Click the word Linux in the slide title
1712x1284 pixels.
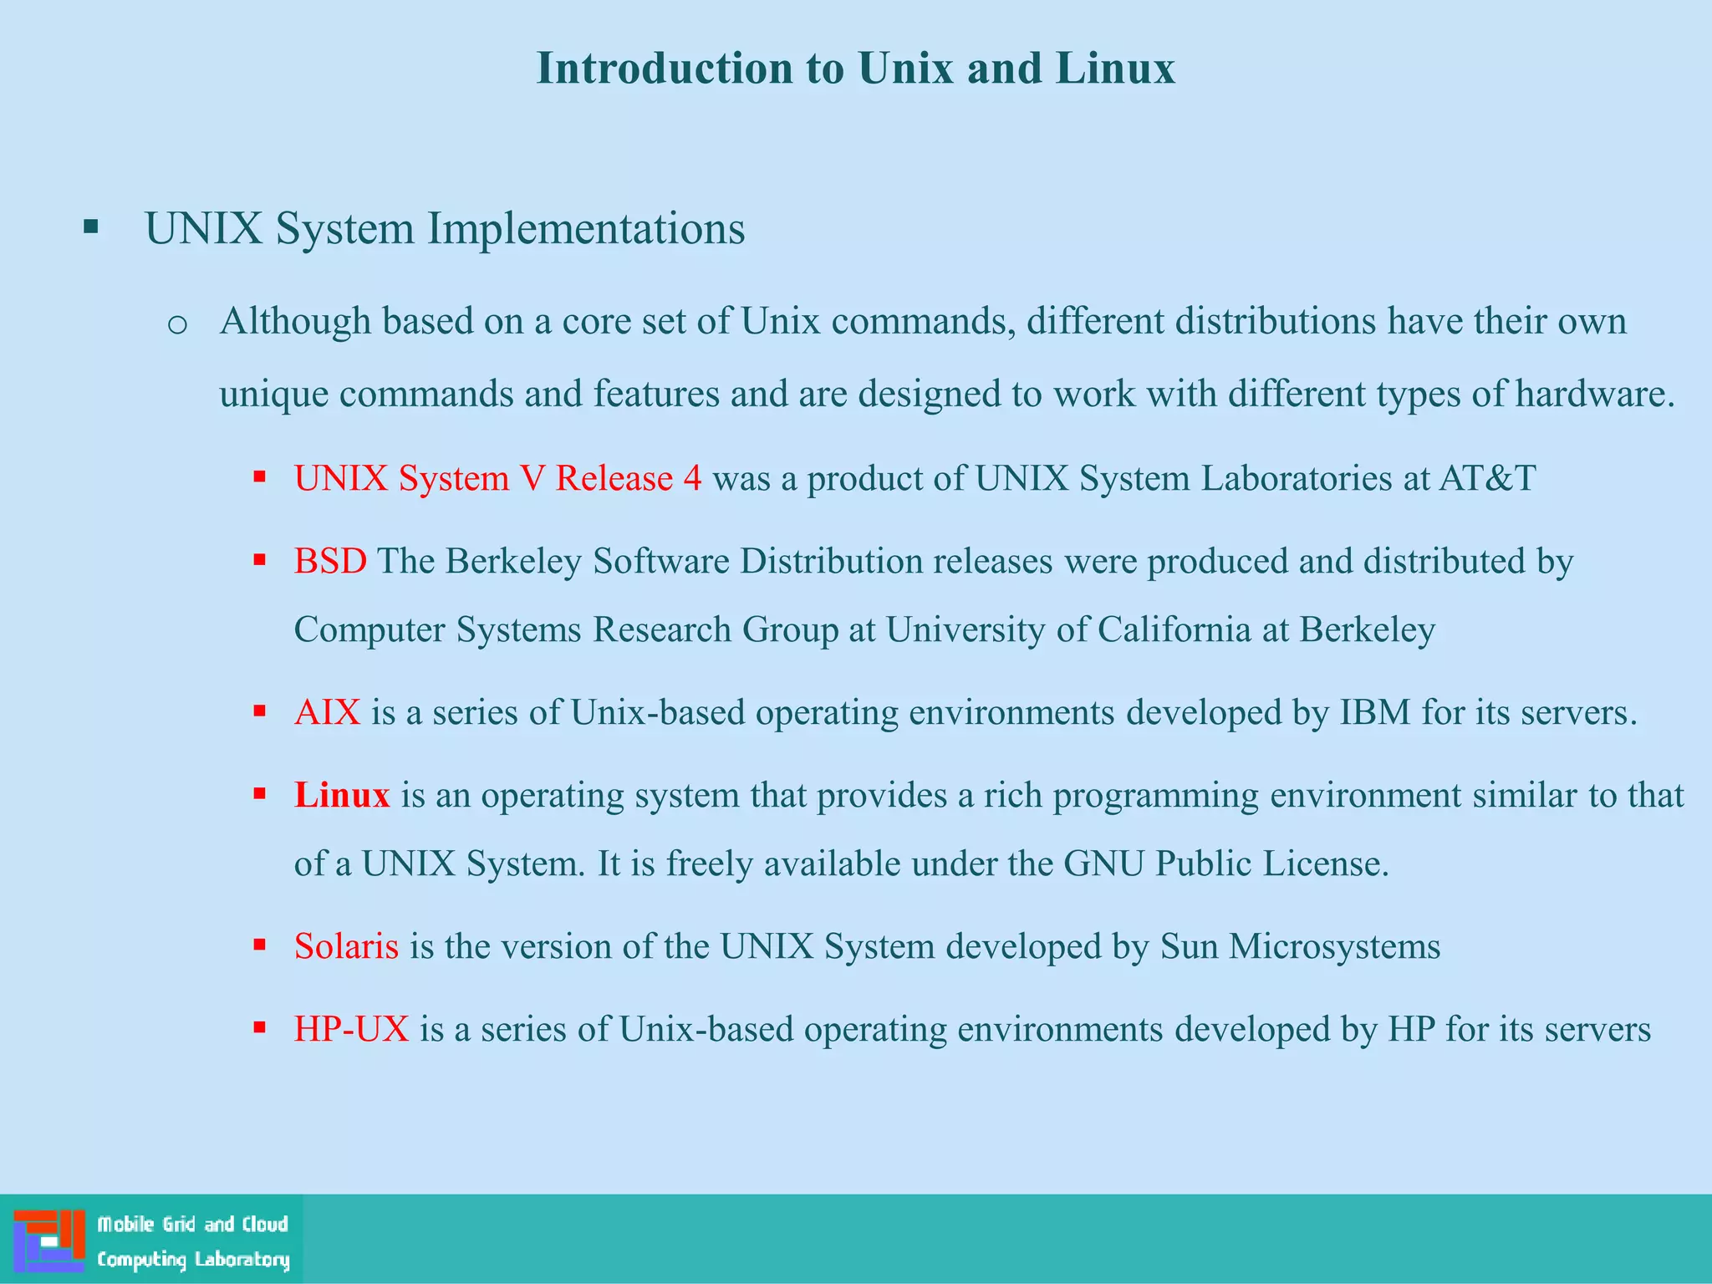click(1114, 69)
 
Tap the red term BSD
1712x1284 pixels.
click(330, 561)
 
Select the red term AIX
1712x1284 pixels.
click(327, 712)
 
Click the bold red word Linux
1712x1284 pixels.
click(342, 795)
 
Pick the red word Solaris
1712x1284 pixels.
click(346, 946)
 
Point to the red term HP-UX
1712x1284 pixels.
click(351, 1029)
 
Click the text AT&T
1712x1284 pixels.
click(1487, 478)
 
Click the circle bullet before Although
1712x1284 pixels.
click(177, 324)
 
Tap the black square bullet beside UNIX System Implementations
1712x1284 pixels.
click(91, 227)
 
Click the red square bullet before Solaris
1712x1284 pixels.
click(260, 945)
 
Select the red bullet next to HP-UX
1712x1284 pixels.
click(260, 1028)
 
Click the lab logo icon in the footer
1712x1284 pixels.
click(49, 1240)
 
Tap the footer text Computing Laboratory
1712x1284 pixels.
click(193, 1260)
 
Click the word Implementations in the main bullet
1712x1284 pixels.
click(586, 229)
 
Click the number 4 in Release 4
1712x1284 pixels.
click(692, 478)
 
